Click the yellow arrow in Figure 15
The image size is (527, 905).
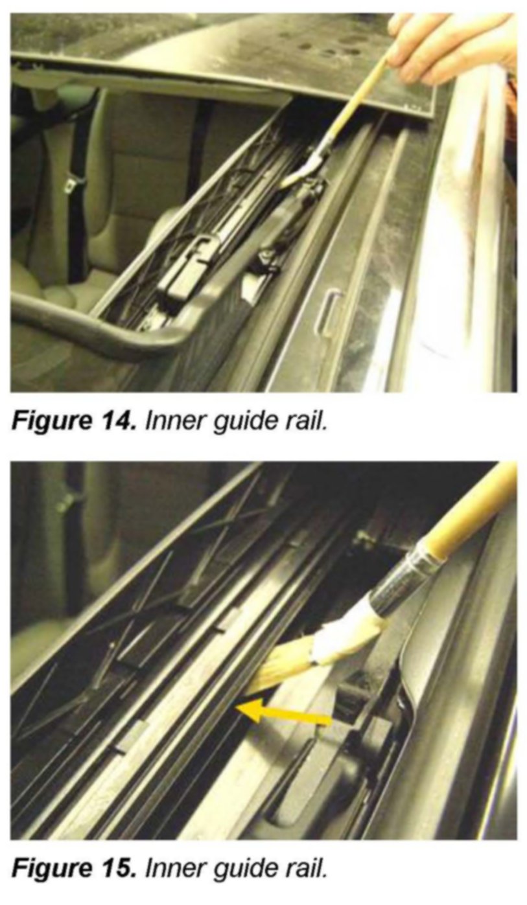tap(283, 715)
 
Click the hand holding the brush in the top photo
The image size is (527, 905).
tap(452, 47)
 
